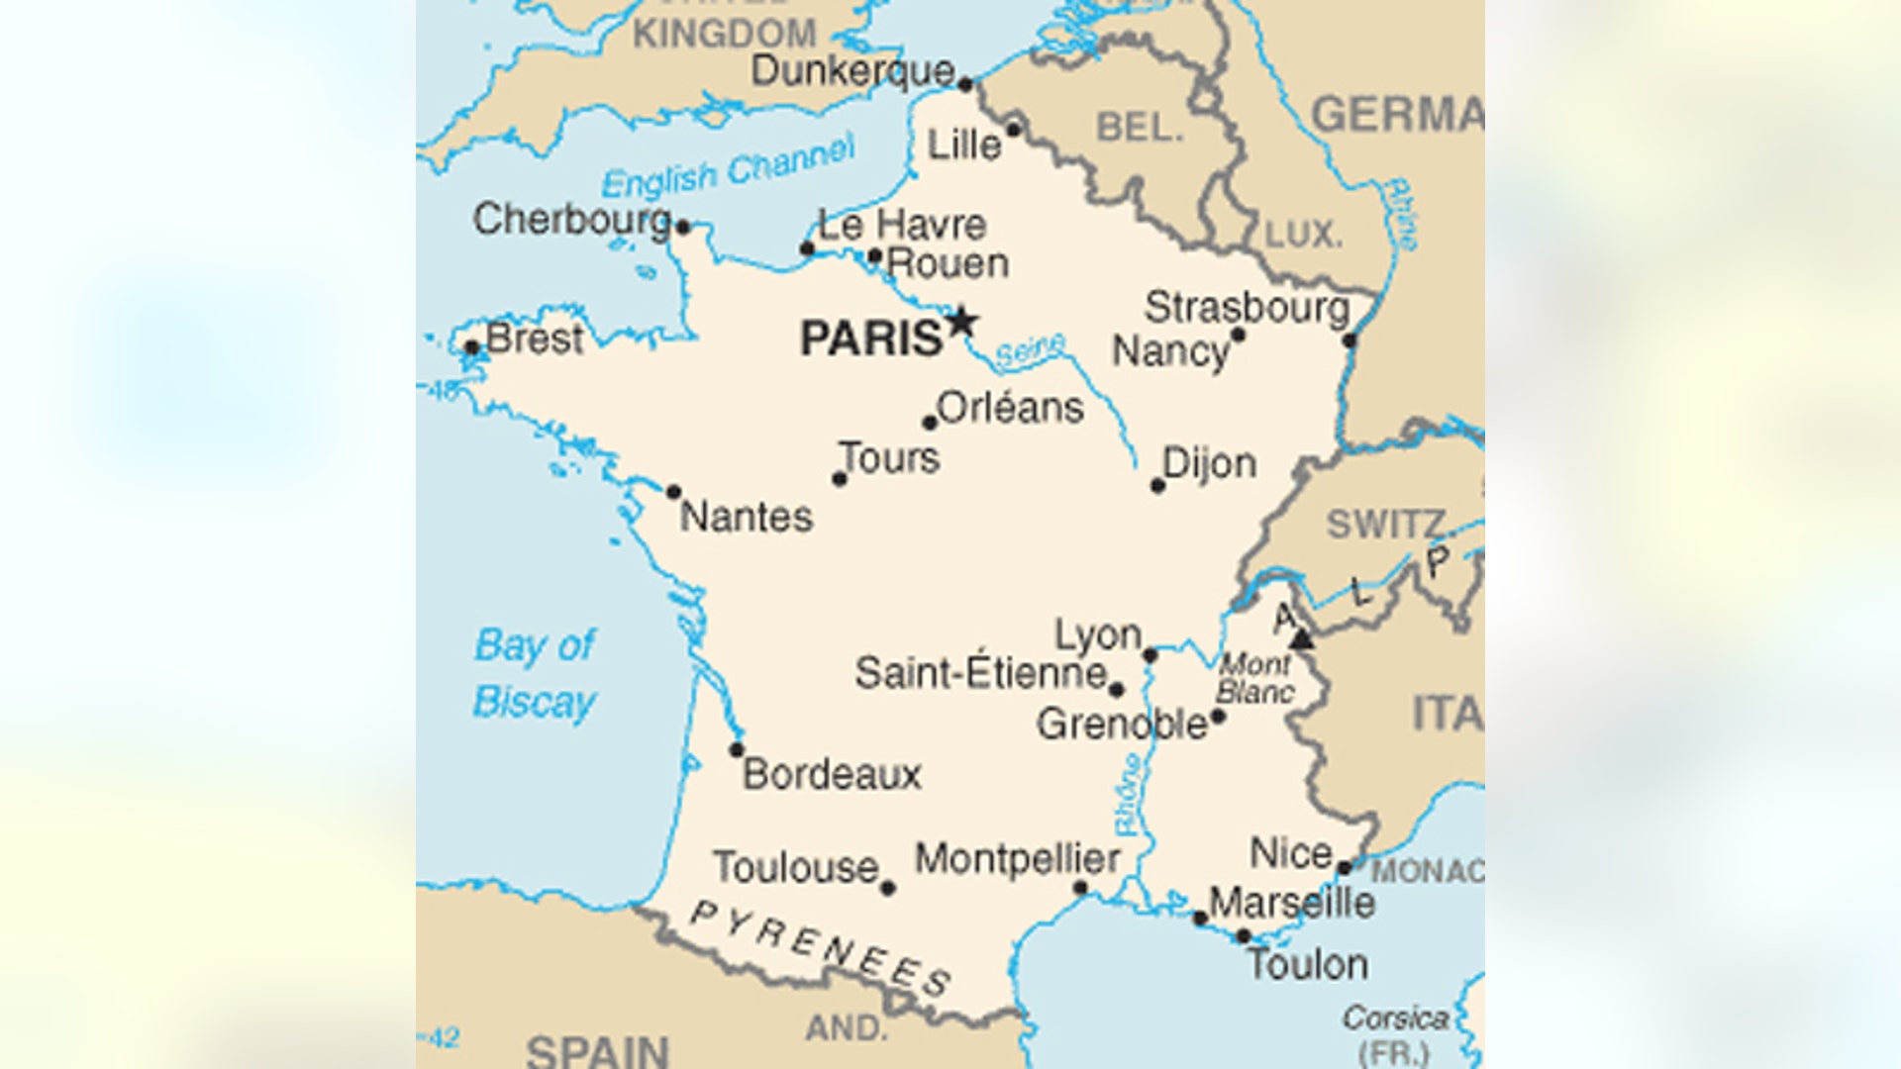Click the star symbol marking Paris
coord(961,323)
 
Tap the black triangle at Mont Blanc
coord(1302,639)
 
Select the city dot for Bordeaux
coord(737,750)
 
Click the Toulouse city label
coord(796,868)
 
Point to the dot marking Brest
coord(472,348)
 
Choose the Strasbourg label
coord(1247,309)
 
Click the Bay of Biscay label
coord(535,674)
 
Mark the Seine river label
coord(1030,350)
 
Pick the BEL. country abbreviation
coord(1140,128)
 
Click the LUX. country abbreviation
coord(1304,236)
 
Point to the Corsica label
coord(1395,1018)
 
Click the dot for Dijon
coord(1157,486)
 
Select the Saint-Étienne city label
coord(980,674)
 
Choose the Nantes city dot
coord(673,492)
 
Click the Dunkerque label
coord(852,71)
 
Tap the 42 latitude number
coord(445,1037)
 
